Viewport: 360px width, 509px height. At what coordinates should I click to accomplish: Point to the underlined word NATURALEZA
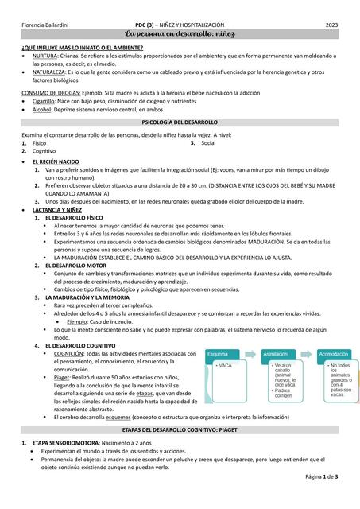tap(51, 72)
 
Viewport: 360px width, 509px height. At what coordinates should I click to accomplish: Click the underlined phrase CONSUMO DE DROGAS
tap(47, 94)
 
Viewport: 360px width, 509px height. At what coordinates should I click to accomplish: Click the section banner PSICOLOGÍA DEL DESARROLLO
tap(180, 123)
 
